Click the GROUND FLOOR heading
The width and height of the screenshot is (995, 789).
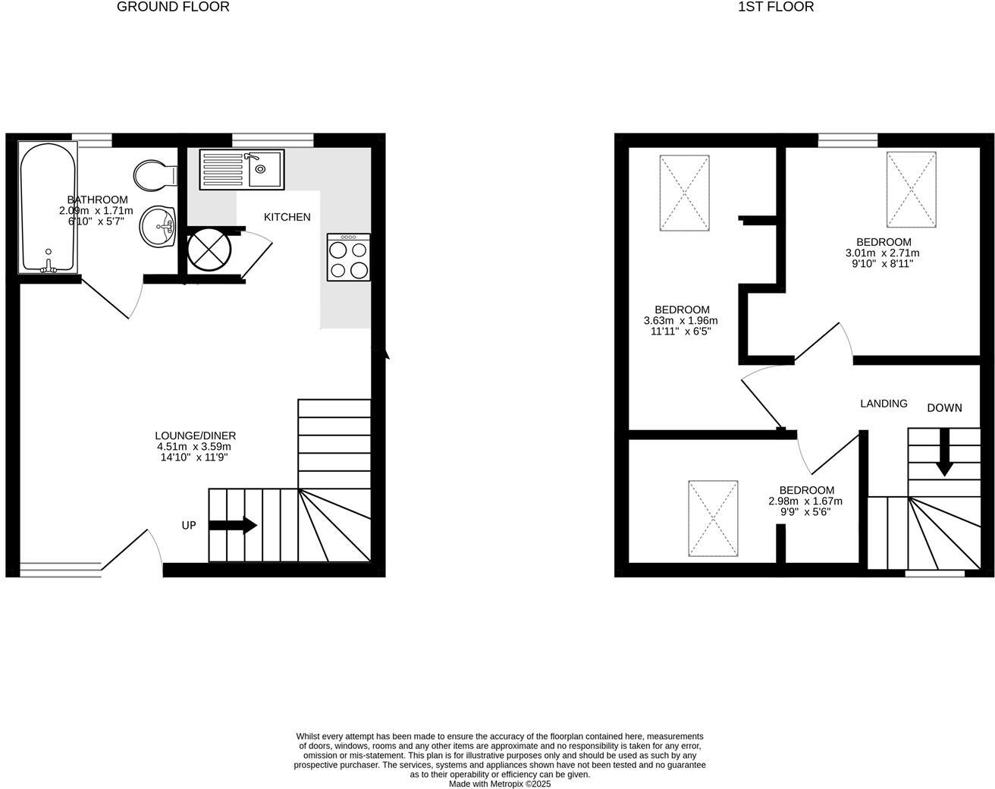click(173, 7)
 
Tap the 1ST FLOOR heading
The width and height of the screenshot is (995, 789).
click(776, 7)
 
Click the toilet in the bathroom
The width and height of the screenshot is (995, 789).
click(154, 175)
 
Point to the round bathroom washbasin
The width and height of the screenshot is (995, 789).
click(158, 226)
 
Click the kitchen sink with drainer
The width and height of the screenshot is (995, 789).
click(241, 169)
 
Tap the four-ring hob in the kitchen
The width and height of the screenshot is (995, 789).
click(349, 257)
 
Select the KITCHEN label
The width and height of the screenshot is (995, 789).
click(287, 217)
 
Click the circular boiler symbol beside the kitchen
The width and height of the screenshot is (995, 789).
click(209, 248)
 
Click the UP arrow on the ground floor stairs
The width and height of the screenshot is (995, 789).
click(233, 525)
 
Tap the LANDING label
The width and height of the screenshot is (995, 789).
click(884, 404)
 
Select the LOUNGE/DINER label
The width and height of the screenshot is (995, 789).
click(195, 435)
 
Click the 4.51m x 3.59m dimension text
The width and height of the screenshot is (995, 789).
click(195, 447)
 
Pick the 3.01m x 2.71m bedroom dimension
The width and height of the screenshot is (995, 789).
click(882, 253)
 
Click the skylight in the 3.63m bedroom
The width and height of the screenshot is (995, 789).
click(685, 193)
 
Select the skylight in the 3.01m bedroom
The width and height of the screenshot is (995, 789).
click(911, 188)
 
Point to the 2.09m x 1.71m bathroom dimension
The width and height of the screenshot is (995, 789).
click(96, 211)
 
